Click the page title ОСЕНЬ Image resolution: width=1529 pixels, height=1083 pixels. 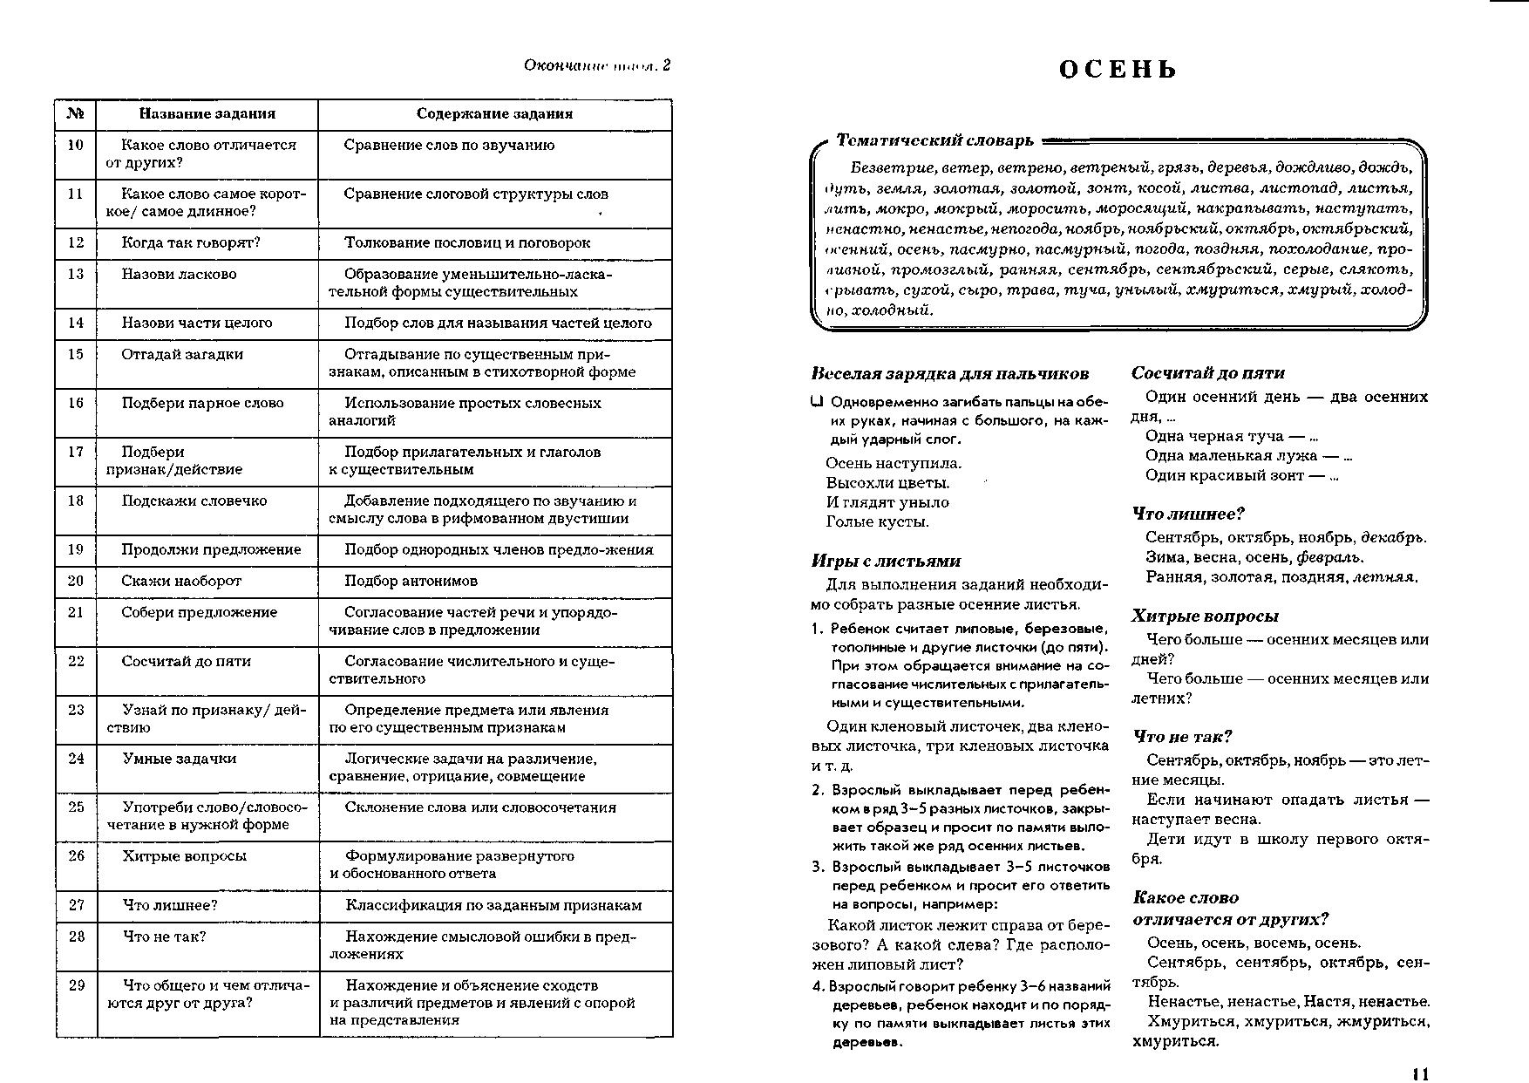[x=1118, y=70]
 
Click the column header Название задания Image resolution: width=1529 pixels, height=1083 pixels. [x=207, y=113]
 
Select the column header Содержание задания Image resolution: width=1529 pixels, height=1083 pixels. [x=494, y=113]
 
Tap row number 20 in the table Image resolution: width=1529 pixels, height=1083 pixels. [x=76, y=581]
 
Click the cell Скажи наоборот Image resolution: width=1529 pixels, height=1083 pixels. [x=181, y=581]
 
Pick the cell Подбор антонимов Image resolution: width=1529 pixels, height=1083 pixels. [x=411, y=581]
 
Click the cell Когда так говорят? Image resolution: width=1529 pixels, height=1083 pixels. [x=191, y=242]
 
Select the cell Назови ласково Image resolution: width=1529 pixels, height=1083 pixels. [x=179, y=274]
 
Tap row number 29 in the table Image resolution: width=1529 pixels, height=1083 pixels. [x=76, y=985]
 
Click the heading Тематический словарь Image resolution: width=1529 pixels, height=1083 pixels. [x=934, y=140]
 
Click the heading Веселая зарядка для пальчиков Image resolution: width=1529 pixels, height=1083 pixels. [x=949, y=374]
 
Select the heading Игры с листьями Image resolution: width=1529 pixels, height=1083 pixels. [x=886, y=562]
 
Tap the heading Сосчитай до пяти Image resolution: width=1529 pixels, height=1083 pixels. [x=1208, y=373]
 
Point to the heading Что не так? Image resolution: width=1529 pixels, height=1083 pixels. [x=1182, y=737]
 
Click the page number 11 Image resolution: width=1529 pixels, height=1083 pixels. [x=1420, y=1074]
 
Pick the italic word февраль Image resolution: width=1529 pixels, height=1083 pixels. [x=1329, y=557]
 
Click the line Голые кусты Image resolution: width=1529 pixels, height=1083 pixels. [x=877, y=522]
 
